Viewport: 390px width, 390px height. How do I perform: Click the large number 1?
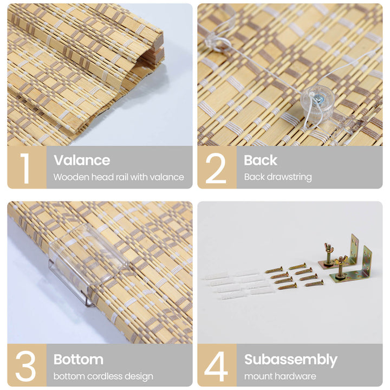[x=25, y=168]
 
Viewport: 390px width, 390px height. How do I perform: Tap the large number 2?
[x=216, y=168]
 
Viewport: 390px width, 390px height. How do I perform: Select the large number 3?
[x=25, y=366]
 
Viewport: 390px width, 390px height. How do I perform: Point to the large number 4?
[x=216, y=366]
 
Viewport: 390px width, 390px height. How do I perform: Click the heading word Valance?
[x=82, y=160]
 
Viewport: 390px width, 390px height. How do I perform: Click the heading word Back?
[x=261, y=160]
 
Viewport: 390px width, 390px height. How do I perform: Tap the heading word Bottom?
[x=79, y=360]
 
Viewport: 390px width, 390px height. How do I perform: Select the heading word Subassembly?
[x=291, y=360]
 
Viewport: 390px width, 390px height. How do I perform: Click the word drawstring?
[x=288, y=177]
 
